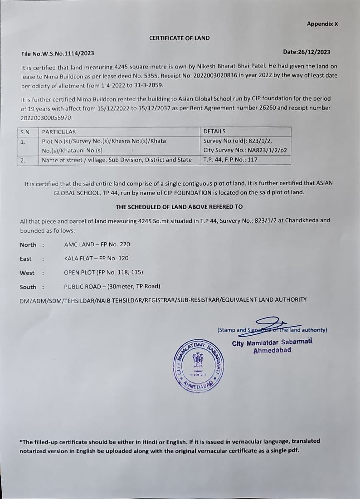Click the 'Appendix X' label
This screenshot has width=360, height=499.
pyautogui.click(x=322, y=24)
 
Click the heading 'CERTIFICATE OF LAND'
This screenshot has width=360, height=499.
pyautogui.click(x=180, y=38)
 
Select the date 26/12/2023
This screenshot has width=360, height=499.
pyautogui.click(x=313, y=52)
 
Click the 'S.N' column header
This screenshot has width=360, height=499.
pyautogui.click(x=24, y=132)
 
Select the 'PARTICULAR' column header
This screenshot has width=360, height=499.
pyautogui.click(x=59, y=132)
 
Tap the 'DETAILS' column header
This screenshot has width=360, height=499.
pyautogui.click(x=214, y=131)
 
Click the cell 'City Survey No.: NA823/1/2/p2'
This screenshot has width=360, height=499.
pyautogui.click(x=245, y=150)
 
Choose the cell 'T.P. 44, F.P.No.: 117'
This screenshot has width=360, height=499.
pyautogui.click(x=230, y=160)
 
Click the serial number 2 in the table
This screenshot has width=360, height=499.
pyautogui.click(x=22, y=160)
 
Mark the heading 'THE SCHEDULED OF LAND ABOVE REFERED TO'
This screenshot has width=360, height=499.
pyautogui.click(x=179, y=206)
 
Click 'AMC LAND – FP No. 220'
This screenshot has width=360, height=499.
pyautogui.click(x=97, y=244)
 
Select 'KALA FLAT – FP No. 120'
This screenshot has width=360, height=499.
pyautogui.click(x=96, y=258)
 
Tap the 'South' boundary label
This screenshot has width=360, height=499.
pyautogui.click(x=28, y=287)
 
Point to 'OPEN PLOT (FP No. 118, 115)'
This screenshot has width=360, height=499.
pyautogui.click(x=103, y=272)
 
